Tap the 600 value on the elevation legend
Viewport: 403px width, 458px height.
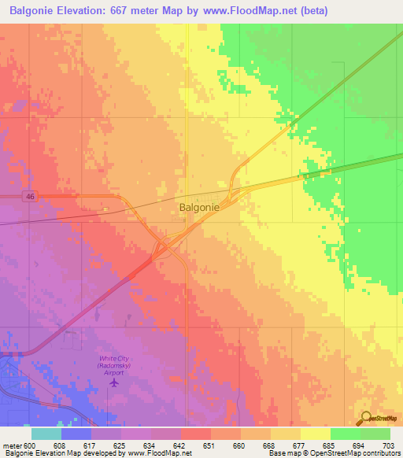click(x=31, y=445)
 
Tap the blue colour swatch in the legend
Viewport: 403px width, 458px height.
click(x=76, y=434)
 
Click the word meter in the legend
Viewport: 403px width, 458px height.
click(x=13, y=445)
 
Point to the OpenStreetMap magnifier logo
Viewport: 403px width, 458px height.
click(x=367, y=419)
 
